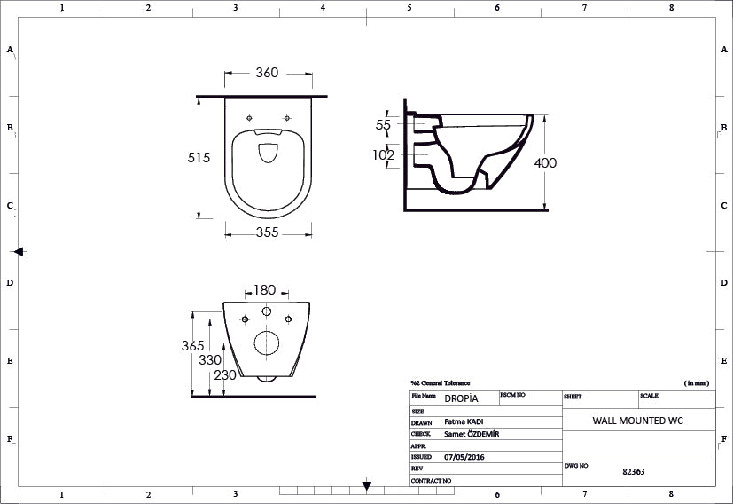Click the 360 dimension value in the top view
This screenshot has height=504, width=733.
coord(267,73)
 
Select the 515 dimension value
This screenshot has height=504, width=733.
coord(199,157)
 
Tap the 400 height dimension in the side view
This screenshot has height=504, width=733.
coord(546,163)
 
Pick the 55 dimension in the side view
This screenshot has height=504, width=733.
coord(383,125)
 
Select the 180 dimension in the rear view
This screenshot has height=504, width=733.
coord(265,290)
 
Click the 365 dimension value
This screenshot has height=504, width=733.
coord(192,345)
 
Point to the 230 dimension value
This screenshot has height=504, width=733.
coord(225,375)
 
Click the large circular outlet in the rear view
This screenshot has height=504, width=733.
coord(266,342)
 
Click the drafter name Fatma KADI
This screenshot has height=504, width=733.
coord(464,421)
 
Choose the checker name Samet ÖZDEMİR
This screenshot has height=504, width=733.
coord(472,434)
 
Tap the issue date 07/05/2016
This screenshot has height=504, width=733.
coord(464,457)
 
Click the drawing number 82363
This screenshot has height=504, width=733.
coord(634,472)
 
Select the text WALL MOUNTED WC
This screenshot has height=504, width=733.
coord(637,421)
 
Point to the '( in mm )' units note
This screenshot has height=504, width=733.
coord(697,382)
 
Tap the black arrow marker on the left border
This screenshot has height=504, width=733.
coord(19,252)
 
